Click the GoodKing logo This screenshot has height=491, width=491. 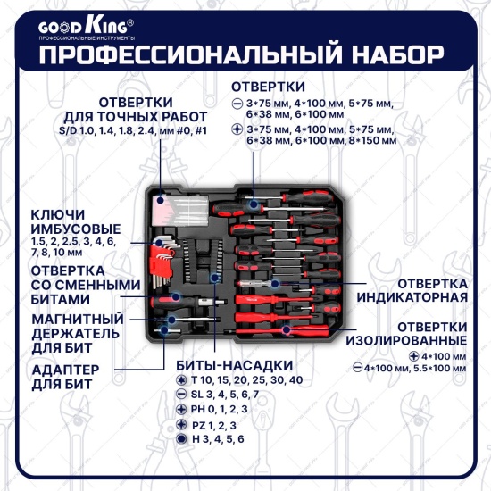(87, 29)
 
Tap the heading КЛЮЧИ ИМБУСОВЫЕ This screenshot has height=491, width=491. (76, 222)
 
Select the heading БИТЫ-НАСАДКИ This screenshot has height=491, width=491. (235, 365)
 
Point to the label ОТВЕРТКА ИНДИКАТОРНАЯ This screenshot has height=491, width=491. (412, 291)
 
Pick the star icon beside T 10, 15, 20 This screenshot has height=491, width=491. (180, 380)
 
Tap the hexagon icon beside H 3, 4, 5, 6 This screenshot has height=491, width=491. (181, 438)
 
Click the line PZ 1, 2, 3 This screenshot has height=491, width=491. (214, 425)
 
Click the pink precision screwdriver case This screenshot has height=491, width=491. (180, 210)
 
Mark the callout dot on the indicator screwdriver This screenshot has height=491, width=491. (275, 284)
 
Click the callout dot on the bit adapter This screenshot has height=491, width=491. (164, 329)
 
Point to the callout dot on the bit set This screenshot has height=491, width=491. (214, 277)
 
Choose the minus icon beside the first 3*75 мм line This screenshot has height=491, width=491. (237, 104)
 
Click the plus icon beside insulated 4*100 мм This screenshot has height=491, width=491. (414, 356)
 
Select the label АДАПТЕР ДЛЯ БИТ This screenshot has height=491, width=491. (65, 377)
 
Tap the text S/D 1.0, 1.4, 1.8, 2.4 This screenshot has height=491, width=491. (109, 130)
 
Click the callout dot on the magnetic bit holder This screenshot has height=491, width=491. (171, 320)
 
